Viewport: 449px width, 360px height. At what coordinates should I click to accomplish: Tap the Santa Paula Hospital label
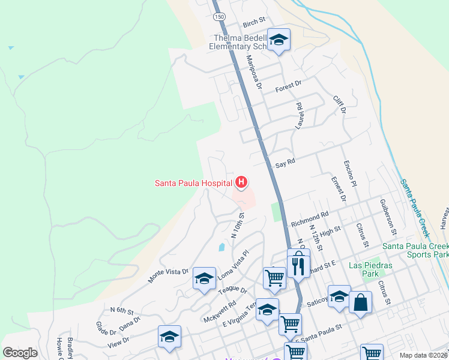pos(193,183)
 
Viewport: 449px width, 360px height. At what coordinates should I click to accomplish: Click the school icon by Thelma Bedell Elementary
pos(279,40)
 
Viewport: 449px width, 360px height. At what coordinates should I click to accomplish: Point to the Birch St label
pos(254,23)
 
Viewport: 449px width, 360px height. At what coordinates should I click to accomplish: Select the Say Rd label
pos(285,163)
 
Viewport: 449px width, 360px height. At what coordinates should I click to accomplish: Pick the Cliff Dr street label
pos(340,103)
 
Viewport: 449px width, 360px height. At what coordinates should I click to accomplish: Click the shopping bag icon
pos(361,302)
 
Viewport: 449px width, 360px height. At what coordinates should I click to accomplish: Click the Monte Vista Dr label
pos(168,275)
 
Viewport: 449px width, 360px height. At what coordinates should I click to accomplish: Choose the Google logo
pos(20,352)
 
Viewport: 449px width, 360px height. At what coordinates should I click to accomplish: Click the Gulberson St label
pos(388,217)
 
